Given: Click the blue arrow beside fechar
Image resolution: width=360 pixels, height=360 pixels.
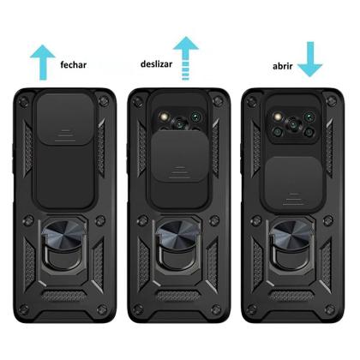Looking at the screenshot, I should [42, 62].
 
